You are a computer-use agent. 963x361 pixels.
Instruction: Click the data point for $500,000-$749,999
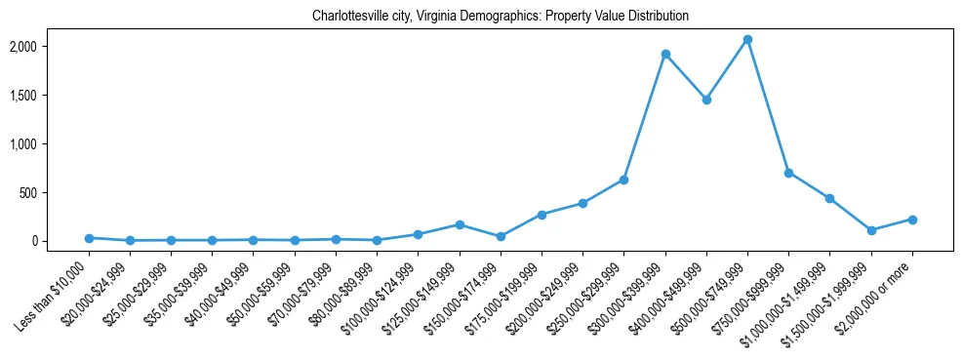coord(746,39)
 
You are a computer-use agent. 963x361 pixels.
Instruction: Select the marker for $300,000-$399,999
coord(664,54)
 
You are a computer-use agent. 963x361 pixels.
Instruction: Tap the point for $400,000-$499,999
coord(705,100)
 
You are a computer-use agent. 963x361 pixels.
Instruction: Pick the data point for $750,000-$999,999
coord(788,173)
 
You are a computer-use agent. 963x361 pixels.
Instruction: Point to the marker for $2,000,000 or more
coord(911,220)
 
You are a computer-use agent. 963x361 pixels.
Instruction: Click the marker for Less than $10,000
coord(89,238)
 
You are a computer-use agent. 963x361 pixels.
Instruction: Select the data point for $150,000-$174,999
coord(501,236)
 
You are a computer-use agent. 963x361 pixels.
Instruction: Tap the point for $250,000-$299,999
coord(623,180)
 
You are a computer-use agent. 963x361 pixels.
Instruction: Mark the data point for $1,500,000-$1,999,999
coord(870,230)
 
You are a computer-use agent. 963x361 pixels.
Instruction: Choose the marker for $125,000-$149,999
coord(459,224)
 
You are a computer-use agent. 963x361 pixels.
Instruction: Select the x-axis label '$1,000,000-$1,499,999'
coord(790,299)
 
